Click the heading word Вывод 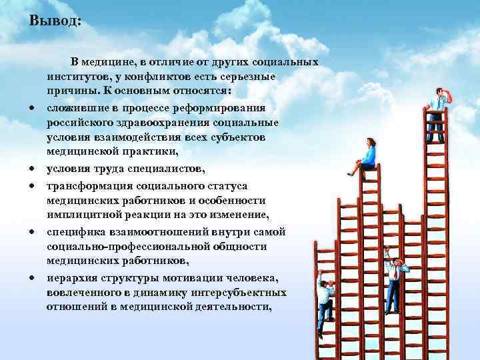55,21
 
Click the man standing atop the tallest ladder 437,113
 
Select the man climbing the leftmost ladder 325,297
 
